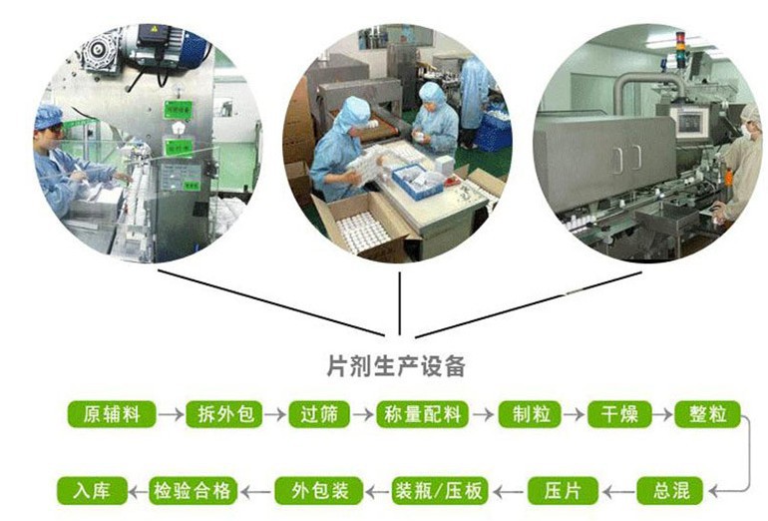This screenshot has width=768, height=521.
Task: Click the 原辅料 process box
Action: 112,414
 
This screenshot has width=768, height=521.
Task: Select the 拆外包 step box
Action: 225,414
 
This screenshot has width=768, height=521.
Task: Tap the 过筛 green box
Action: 319,414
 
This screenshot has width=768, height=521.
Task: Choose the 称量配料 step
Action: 422,414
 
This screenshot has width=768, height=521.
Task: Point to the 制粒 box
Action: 531,414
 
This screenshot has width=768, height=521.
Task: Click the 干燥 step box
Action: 619,414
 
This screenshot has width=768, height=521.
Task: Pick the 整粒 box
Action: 708,414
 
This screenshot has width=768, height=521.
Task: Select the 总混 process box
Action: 670,491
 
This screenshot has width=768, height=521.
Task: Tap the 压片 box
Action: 563,491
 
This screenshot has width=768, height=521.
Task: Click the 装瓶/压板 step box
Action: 440,491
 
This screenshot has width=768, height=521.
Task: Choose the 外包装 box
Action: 319,491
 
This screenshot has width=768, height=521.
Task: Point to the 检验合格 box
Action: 192,491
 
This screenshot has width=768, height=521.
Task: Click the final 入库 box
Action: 92,491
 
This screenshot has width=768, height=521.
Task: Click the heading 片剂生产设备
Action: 396,366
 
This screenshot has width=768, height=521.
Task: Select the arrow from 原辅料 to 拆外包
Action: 171,414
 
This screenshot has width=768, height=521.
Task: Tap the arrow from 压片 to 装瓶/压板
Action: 508,491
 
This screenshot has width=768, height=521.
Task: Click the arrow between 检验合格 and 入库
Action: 138,491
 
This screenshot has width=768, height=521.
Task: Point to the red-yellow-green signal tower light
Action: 680,42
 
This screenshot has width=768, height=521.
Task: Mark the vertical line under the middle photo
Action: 400,303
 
